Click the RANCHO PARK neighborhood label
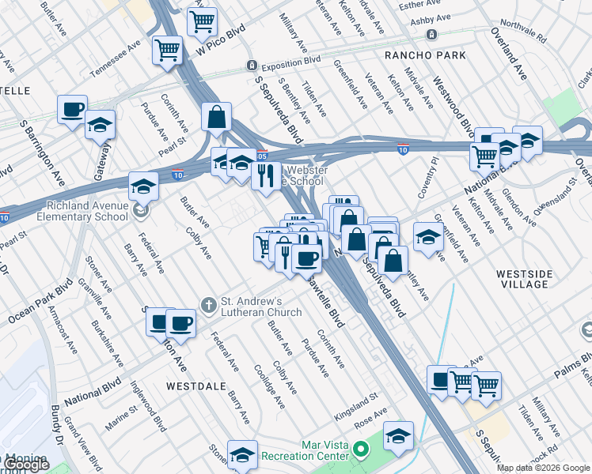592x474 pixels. pos(417,55)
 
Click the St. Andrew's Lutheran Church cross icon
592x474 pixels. pos(208,304)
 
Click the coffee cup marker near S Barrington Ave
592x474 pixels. pos(72,108)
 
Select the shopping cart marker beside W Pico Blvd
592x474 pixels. pos(168,50)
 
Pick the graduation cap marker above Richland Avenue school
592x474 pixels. pos(143,185)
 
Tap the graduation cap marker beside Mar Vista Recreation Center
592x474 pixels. pos(398,434)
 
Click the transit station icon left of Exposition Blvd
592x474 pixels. pos(251,65)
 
